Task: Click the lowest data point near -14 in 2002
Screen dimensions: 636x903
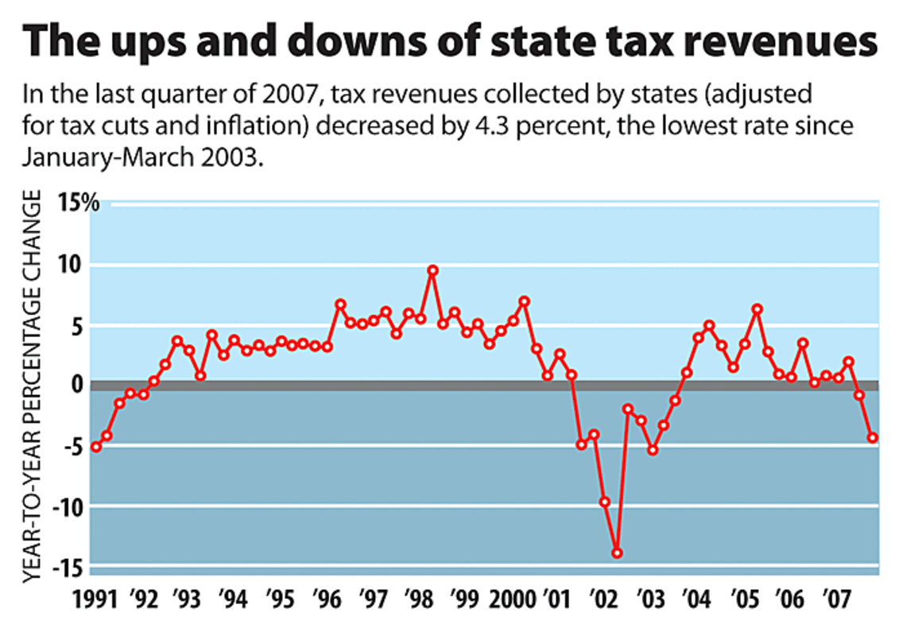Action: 617,553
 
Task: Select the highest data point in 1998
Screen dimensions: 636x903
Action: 432,270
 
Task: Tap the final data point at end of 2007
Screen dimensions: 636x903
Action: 872,437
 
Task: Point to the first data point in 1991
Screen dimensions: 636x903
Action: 96,447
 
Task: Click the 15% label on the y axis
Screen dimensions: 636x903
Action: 78,203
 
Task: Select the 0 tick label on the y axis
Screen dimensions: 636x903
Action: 77,385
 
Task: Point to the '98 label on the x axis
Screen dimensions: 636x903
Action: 417,597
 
